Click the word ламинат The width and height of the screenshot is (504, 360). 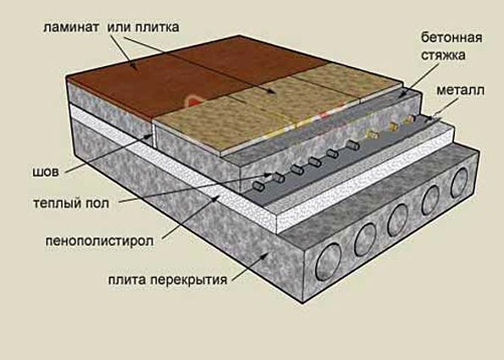pyautogui.click(x=71, y=28)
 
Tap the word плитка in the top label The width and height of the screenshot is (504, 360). pyautogui.click(x=158, y=28)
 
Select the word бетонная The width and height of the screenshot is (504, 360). pyautogui.click(x=451, y=38)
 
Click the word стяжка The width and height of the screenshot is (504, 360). pyautogui.click(x=443, y=55)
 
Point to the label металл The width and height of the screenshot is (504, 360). pyautogui.click(x=460, y=91)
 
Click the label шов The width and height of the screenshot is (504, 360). pyautogui.click(x=46, y=172)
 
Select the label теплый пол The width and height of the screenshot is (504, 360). pyautogui.click(x=71, y=203)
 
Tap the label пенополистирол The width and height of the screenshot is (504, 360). pyautogui.click(x=99, y=241)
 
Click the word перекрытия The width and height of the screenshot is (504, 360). pyautogui.click(x=189, y=280)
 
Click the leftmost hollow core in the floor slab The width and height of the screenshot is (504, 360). pyautogui.click(x=328, y=262)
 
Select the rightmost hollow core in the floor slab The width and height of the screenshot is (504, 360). pyautogui.click(x=460, y=183)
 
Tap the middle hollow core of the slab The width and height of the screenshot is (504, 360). pyautogui.click(x=397, y=220)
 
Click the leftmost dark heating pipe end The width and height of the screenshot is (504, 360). pyautogui.click(x=258, y=185)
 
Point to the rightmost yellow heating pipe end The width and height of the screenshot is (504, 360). pyautogui.click(x=407, y=120)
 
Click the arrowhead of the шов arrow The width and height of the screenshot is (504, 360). pyautogui.click(x=150, y=136)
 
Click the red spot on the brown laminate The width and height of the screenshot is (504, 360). pyautogui.click(x=193, y=101)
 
